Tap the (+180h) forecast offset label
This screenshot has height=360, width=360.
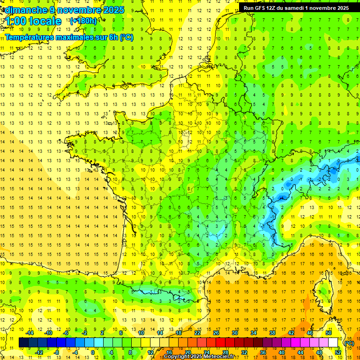click(83, 21)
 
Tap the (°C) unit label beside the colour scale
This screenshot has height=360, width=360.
click(349, 343)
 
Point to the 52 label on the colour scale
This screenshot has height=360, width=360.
click(338, 352)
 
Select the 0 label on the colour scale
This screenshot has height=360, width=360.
click(92, 352)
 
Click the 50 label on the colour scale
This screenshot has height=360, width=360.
click(329, 333)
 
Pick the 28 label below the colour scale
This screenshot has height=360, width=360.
click(225, 352)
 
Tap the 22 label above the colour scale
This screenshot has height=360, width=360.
click(197, 333)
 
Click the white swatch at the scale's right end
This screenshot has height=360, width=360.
click(333, 343)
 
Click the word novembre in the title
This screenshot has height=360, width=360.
click(79, 10)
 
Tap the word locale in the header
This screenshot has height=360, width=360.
click(45, 22)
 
